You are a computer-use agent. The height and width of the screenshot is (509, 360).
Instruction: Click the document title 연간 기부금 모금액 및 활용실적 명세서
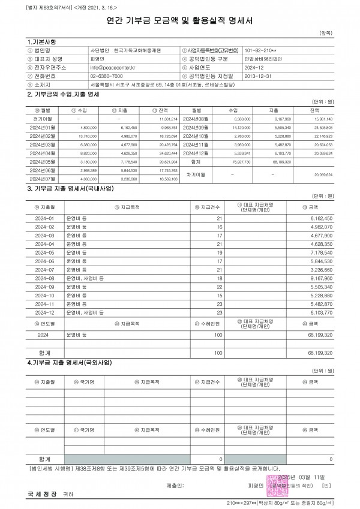[179, 20]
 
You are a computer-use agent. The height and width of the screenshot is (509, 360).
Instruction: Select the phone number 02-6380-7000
[106, 77]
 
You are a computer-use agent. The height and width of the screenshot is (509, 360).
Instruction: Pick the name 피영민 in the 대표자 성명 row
[97, 60]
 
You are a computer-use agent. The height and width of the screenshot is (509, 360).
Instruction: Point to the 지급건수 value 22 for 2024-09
[219, 287]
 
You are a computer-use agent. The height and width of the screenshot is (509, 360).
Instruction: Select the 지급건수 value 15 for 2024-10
[219, 296]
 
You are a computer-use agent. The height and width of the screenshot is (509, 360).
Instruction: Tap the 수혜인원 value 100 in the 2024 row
[218, 335]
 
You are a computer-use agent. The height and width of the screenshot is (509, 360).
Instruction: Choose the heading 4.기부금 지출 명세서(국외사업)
[70, 363]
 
